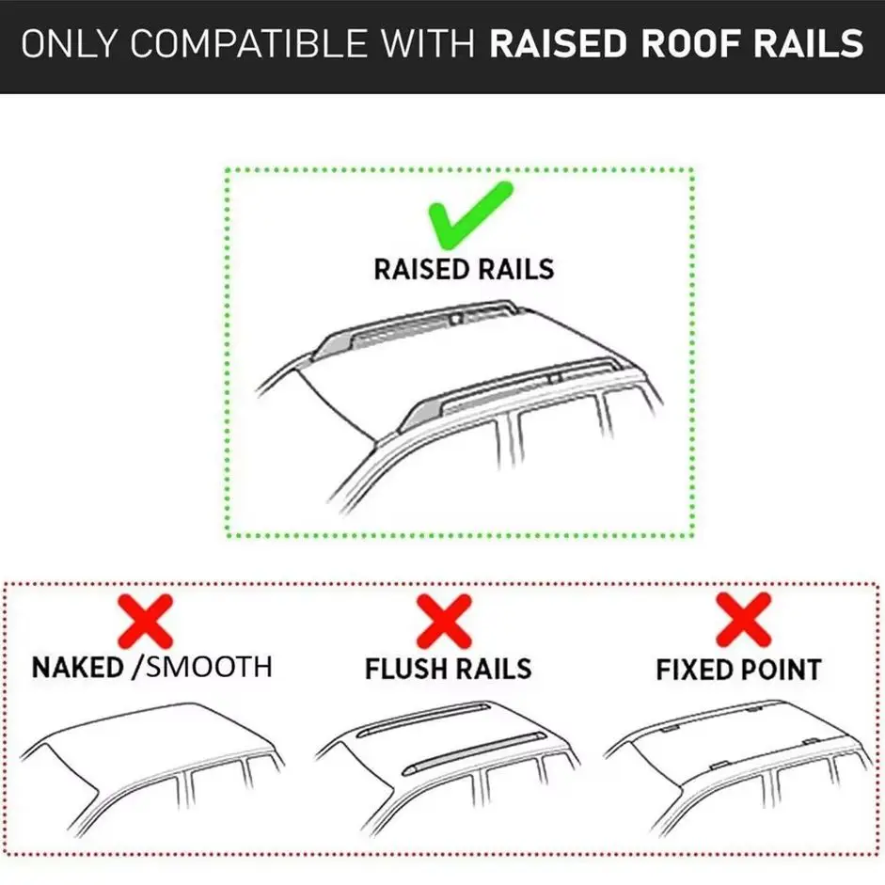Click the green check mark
[468, 213]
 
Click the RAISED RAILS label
[464, 269]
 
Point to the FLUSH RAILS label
[448, 669]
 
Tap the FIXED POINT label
[738, 670]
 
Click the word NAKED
[77, 668]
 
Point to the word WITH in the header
[424, 44]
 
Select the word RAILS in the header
[812, 44]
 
